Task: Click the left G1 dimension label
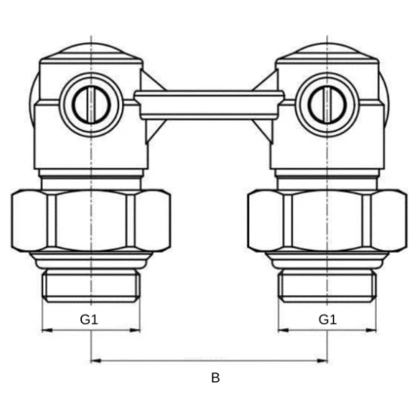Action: coord(89,319)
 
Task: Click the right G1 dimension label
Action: coord(327,319)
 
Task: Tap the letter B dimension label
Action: coord(216,378)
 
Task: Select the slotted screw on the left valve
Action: coord(91,104)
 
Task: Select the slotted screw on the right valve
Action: coord(327,104)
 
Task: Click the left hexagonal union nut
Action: coord(91,220)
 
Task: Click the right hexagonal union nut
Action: coord(327,220)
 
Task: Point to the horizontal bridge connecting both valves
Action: coord(209,105)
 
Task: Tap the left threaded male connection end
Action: coord(91,286)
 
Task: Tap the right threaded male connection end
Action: coord(327,286)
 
